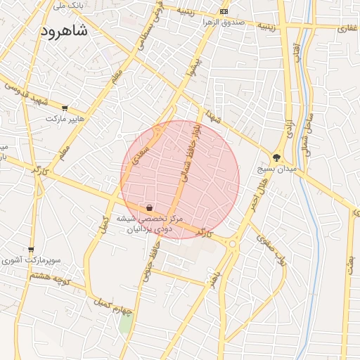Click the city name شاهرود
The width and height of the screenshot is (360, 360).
pos(64,31)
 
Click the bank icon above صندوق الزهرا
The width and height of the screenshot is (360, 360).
pos(224,12)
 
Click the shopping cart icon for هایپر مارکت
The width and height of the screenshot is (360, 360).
pos(65,108)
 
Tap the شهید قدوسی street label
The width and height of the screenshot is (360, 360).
pos(27,95)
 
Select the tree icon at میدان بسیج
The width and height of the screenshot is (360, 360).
pos(276,158)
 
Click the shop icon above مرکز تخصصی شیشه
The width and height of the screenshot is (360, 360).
pos(149,208)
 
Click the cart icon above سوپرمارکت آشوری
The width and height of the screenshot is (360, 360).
pos(31,249)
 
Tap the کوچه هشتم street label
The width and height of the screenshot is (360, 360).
pos(51,276)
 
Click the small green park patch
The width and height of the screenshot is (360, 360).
pos(125,324)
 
